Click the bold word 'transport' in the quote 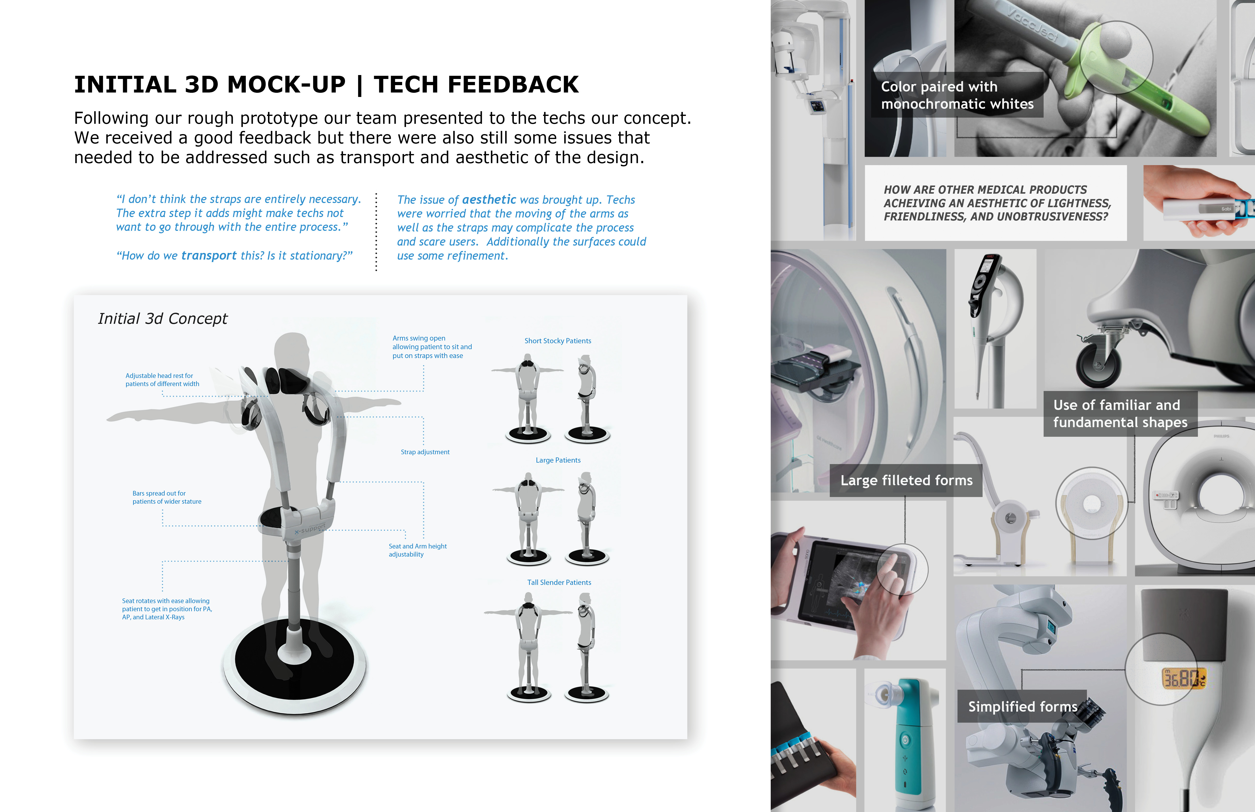209,256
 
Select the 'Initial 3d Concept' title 162,318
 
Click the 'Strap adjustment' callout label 425,452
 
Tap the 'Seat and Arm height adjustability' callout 418,550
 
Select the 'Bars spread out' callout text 167,497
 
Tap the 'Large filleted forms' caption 907,480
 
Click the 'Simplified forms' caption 1022,706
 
